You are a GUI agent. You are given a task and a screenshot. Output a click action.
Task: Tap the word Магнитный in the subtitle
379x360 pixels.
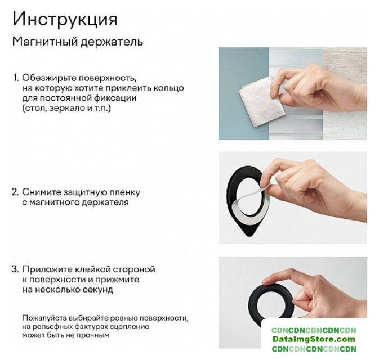pos(45,42)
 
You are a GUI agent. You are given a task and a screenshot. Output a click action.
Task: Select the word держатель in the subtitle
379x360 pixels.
pos(112,42)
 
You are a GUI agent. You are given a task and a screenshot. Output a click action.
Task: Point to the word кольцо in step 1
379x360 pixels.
pos(168,88)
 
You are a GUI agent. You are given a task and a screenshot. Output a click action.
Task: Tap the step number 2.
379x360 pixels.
pos(15,192)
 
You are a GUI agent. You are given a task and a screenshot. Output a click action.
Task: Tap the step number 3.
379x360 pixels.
pos(15,269)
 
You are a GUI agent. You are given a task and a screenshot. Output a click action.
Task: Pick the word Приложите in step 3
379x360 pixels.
pos(47,269)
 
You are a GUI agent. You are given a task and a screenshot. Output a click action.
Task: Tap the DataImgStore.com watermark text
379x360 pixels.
pos(314,339)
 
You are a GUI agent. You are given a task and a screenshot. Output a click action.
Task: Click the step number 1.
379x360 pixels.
pos(16,78)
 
